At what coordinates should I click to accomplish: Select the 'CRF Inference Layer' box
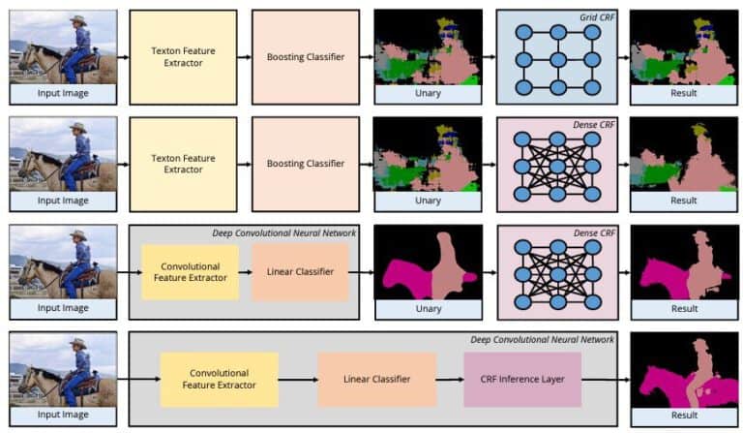522,379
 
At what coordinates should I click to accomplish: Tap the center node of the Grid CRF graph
555,57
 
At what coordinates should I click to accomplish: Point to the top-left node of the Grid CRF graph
523,31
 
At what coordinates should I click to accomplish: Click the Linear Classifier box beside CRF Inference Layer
376,379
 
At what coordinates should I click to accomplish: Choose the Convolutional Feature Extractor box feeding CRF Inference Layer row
219,379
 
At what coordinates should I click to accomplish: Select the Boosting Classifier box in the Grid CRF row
305,57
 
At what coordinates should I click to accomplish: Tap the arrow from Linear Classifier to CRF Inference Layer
449,379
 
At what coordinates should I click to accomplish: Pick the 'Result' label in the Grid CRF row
683,94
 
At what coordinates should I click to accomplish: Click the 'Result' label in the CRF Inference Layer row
683,416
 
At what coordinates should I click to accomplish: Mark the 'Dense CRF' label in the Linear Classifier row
593,232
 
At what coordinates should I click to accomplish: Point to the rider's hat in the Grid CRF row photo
77,19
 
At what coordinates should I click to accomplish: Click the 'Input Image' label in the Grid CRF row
63,94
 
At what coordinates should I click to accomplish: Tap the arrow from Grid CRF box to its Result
622,57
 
